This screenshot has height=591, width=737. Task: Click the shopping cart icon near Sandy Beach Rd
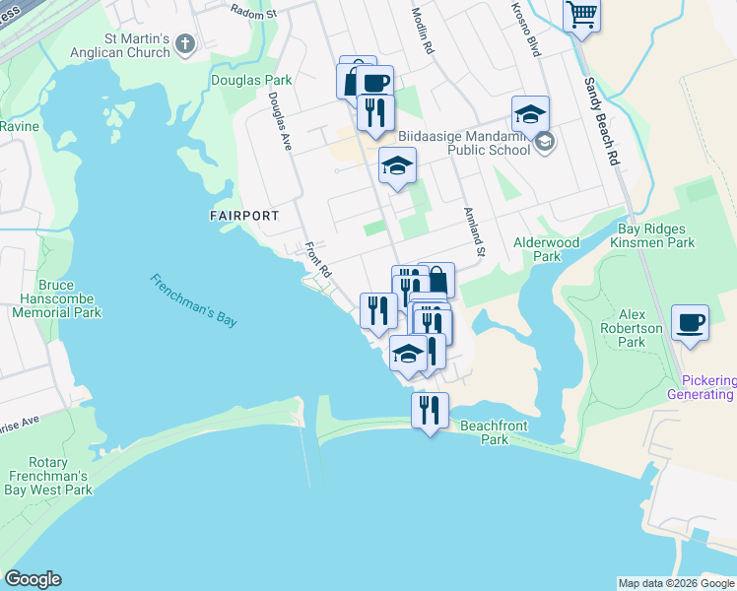[x=581, y=15]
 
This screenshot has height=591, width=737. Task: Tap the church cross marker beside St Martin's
[x=185, y=44]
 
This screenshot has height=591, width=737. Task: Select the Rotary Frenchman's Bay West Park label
[x=46, y=477]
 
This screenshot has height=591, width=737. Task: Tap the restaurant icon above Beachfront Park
[x=430, y=408]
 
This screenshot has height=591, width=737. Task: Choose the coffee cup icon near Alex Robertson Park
[x=690, y=321]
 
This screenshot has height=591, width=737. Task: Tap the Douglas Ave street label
[x=281, y=122]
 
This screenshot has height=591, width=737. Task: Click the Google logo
[x=33, y=579]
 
